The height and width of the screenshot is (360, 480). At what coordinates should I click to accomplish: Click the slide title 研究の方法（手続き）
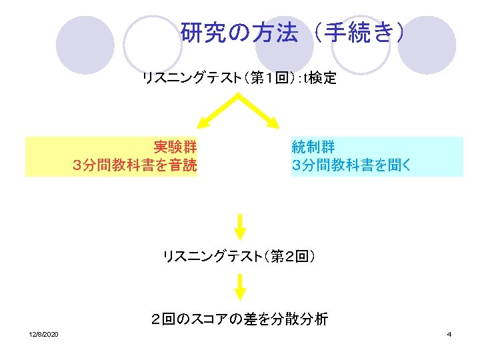(x=292, y=33)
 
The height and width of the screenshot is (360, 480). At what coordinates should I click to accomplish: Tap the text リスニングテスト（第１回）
(x=219, y=79)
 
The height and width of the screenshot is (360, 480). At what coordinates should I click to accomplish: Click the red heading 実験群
(x=175, y=147)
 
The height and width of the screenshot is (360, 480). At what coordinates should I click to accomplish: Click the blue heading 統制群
(x=313, y=147)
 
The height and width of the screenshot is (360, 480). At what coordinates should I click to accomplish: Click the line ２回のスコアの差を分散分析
(x=239, y=319)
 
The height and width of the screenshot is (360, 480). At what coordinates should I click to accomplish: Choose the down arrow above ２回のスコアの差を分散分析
(x=240, y=287)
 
